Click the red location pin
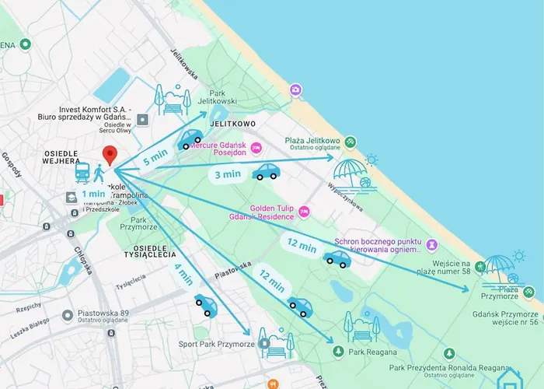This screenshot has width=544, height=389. tap(110, 155)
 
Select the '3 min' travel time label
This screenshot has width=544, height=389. tap(228, 174)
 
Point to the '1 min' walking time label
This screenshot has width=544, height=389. tap(92, 194)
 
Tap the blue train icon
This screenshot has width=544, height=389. tap(82, 173)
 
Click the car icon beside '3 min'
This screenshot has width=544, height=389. tap(266, 172)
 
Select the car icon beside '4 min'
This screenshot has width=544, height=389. tap(206, 306)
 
